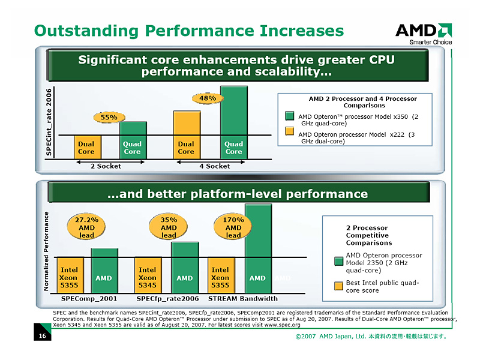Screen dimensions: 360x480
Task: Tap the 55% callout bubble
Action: (x=109, y=117)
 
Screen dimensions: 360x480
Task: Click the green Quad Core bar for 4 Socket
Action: (x=233, y=123)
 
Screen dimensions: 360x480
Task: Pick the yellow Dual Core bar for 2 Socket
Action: (x=86, y=148)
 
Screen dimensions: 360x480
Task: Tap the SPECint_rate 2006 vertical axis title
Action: (x=49, y=124)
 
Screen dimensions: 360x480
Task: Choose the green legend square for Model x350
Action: (x=289, y=116)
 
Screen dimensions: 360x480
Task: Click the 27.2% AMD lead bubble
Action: (x=86, y=227)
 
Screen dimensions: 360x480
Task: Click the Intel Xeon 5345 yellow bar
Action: (x=147, y=278)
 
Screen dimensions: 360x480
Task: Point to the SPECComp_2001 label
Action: (x=89, y=299)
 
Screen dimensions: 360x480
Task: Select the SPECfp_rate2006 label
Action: (x=167, y=299)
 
